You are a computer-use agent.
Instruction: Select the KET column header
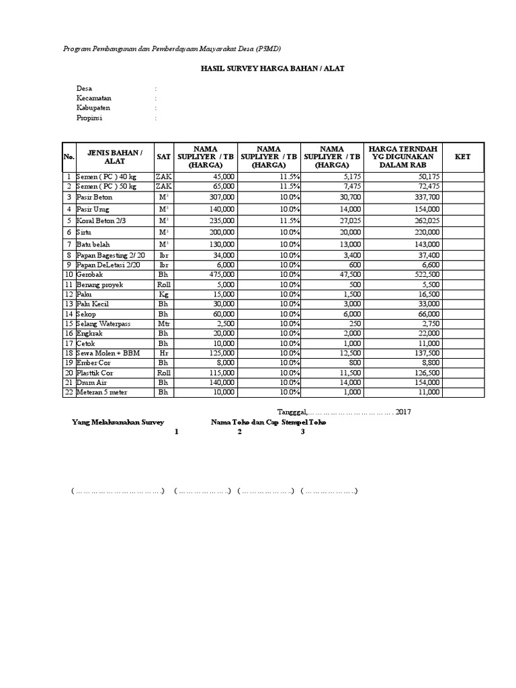click(463, 157)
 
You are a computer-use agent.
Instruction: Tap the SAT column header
click(163, 157)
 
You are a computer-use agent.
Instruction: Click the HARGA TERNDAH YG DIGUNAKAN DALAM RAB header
click(404, 157)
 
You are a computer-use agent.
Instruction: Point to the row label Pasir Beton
click(94, 198)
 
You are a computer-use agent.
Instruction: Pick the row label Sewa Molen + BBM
click(107, 353)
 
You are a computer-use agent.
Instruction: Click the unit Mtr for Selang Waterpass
click(163, 324)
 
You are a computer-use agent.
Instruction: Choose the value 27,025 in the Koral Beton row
click(349, 220)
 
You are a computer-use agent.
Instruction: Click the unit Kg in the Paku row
click(163, 294)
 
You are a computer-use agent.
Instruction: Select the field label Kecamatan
click(94, 98)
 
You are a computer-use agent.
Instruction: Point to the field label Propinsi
click(91, 118)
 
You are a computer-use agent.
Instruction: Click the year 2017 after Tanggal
click(403, 411)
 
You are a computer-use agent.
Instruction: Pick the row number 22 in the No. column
click(69, 392)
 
